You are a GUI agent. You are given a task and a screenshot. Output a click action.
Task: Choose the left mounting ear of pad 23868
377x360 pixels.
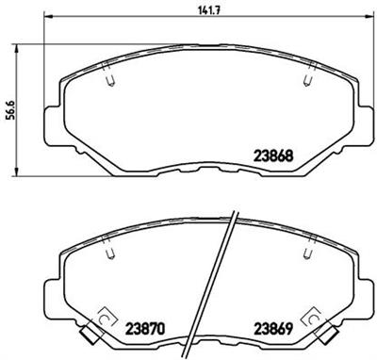point(53,113)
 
